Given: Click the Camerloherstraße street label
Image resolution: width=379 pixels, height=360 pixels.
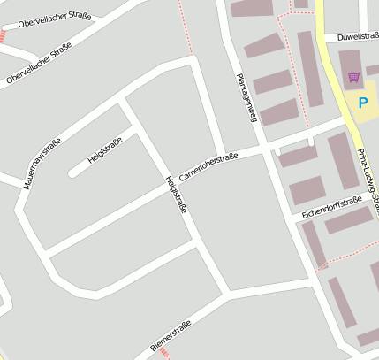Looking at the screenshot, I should click(x=208, y=166).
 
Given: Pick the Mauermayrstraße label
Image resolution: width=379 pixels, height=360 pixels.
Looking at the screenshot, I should click(x=42, y=165).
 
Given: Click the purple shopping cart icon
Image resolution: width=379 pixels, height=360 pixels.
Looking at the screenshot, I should click(x=354, y=78).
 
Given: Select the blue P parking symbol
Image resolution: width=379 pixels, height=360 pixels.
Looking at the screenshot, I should click(x=362, y=103).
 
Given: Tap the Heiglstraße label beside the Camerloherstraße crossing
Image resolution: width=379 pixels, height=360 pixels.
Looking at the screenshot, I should click(x=176, y=195).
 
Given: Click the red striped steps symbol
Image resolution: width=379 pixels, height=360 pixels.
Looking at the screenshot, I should click(x=3, y=36).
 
